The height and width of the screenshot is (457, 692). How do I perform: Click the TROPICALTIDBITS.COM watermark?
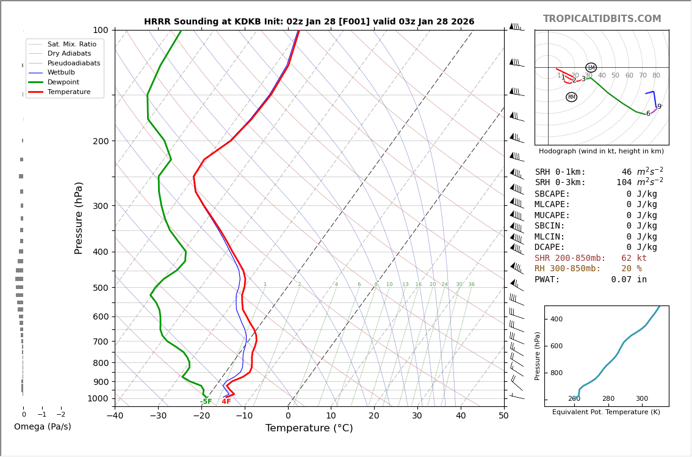(x=602, y=19)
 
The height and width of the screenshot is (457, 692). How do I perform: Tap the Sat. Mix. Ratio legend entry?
(x=71, y=44)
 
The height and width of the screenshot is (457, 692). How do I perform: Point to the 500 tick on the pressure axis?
(x=100, y=288)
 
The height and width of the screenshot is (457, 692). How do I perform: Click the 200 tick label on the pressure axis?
(x=100, y=141)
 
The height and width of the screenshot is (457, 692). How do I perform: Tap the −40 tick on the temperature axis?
(x=115, y=416)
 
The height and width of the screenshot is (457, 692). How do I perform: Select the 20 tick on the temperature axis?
(x=374, y=416)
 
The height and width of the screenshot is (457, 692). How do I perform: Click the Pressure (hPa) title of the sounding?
(x=79, y=218)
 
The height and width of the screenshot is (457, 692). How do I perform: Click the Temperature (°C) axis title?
(x=309, y=428)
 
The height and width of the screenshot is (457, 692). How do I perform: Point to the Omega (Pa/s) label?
(x=42, y=426)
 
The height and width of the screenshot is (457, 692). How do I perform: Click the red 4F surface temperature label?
(x=226, y=401)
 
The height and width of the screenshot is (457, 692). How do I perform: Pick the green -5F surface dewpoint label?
(x=206, y=401)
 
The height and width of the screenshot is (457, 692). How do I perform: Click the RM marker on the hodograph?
(x=571, y=97)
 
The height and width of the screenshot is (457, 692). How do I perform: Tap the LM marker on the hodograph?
(x=591, y=68)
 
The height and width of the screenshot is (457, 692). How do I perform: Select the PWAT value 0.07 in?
(x=629, y=280)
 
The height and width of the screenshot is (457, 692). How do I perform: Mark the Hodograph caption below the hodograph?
(x=601, y=151)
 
